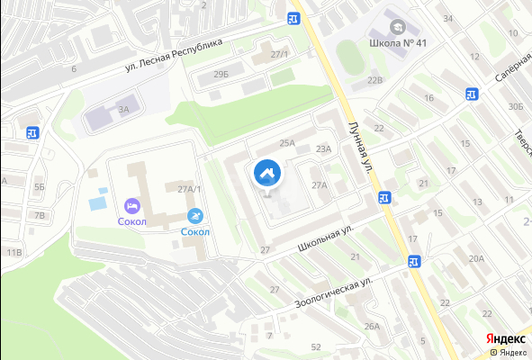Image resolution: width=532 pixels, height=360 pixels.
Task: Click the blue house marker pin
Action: pos(266,173)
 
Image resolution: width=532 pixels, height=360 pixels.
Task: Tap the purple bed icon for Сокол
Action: pos(132,205)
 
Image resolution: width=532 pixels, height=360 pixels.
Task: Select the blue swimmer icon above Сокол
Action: pos(195,216)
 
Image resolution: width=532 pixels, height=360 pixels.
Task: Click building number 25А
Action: pos(287,143)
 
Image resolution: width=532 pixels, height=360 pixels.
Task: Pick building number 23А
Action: pos(324,149)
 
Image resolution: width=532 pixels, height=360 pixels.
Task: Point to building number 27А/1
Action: pos(190,189)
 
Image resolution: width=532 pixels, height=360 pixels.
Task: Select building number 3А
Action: pos(124,109)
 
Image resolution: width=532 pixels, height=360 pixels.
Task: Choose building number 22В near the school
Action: pos(374,80)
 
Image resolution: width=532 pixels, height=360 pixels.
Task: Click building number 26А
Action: pos(372,327)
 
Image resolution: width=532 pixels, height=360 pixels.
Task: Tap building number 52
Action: pos(315,346)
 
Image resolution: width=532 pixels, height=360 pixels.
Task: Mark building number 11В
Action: pos(14,252)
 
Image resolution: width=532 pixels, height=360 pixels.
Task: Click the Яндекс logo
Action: pos(505,337)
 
